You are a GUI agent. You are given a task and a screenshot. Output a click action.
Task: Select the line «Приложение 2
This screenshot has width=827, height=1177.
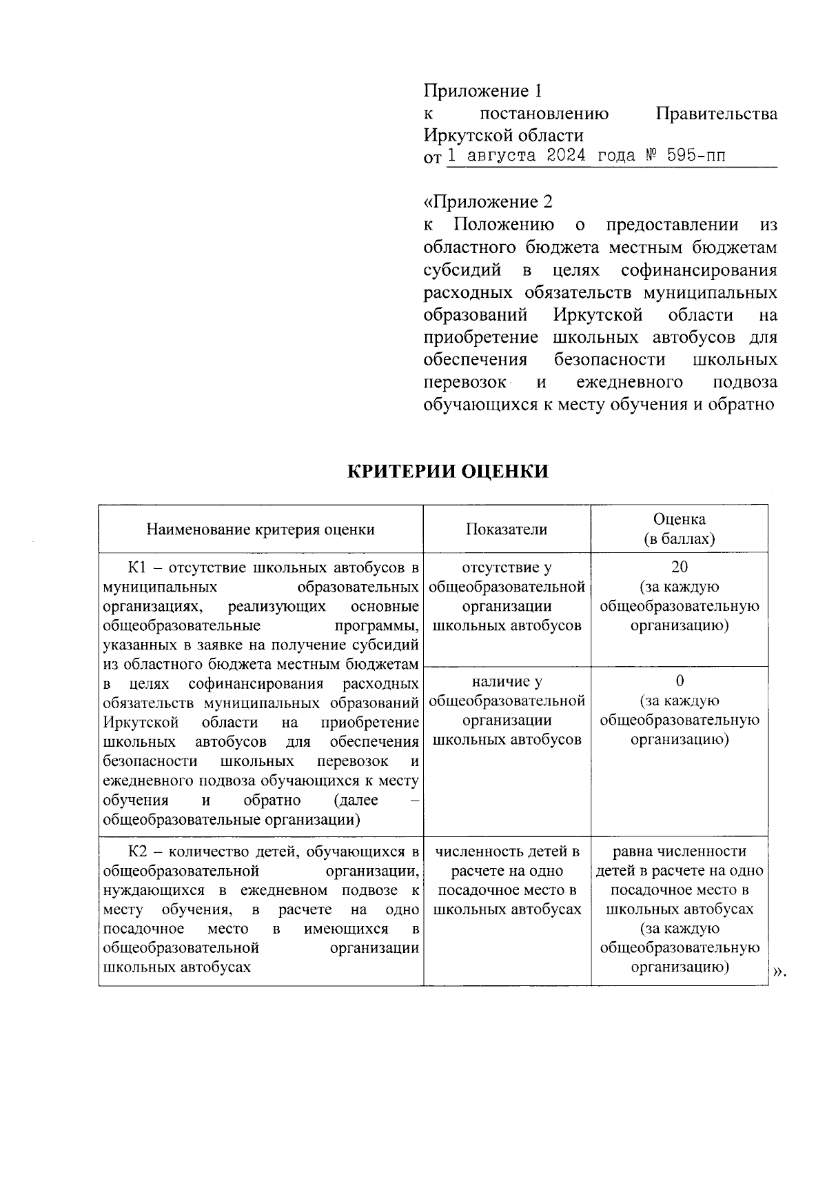coord(488,202)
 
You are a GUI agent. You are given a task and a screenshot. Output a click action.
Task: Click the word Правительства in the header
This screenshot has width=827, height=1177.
coord(717,114)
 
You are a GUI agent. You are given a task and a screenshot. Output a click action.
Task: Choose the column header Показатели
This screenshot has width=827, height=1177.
coord(507,529)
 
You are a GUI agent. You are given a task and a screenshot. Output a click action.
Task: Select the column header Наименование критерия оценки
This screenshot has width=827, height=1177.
coord(261,529)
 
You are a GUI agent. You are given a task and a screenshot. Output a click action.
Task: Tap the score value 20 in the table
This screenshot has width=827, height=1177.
coord(680,567)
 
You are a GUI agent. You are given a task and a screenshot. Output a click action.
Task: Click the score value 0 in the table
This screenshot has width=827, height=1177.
coord(680,681)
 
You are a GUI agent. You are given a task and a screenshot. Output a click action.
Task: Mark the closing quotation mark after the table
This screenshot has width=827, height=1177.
coord(779,972)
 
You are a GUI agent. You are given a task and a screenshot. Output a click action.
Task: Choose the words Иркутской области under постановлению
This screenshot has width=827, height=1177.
coord(503,135)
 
